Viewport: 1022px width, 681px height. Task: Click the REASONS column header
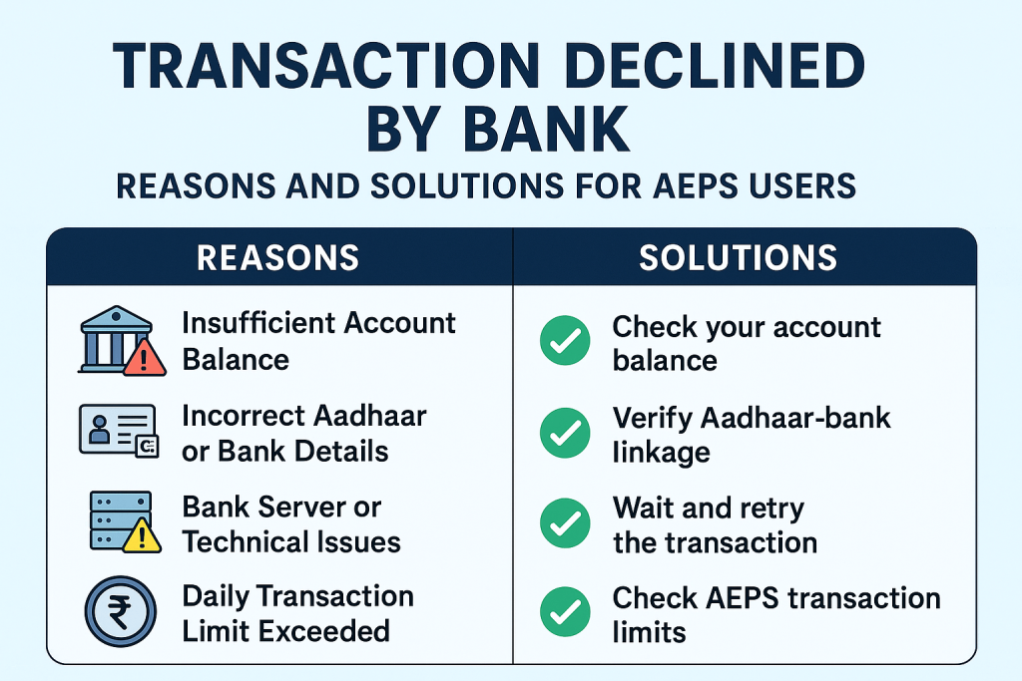[278, 258]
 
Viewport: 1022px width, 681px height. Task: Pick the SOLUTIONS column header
[739, 258]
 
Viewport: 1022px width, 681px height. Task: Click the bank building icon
[113, 339]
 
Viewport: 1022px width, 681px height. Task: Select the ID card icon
[117, 430]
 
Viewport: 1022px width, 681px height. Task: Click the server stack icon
[116, 519]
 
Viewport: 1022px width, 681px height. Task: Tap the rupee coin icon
[117, 612]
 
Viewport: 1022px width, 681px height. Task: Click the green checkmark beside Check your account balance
[566, 343]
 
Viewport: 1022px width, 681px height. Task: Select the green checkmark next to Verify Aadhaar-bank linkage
[566, 434]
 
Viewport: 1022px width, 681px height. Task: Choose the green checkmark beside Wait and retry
[566, 524]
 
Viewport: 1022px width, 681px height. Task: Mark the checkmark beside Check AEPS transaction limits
[566, 613]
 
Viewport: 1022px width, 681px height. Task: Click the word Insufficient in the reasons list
[256, 323]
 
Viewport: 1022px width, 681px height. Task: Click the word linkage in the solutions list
[661, 453]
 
